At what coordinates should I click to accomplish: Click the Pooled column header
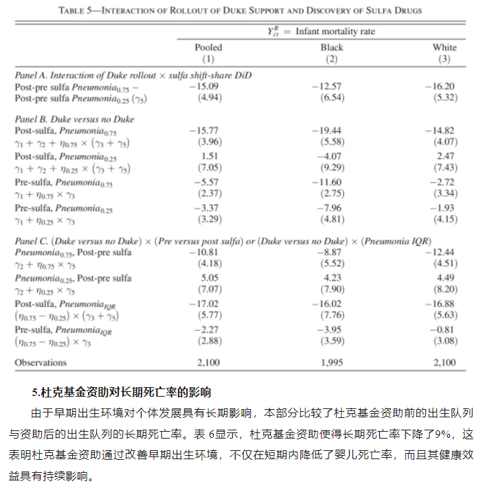208,47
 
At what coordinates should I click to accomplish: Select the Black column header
332,47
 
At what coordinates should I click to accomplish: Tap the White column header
444,47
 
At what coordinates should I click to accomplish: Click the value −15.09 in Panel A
204,86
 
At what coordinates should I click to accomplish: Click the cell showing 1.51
208,156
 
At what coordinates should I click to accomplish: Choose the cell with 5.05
208,278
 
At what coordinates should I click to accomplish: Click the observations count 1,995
331,362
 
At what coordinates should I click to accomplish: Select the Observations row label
41,362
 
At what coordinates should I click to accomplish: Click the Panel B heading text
75,119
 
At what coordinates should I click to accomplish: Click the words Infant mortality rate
335,32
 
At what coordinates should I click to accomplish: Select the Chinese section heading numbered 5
122,393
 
